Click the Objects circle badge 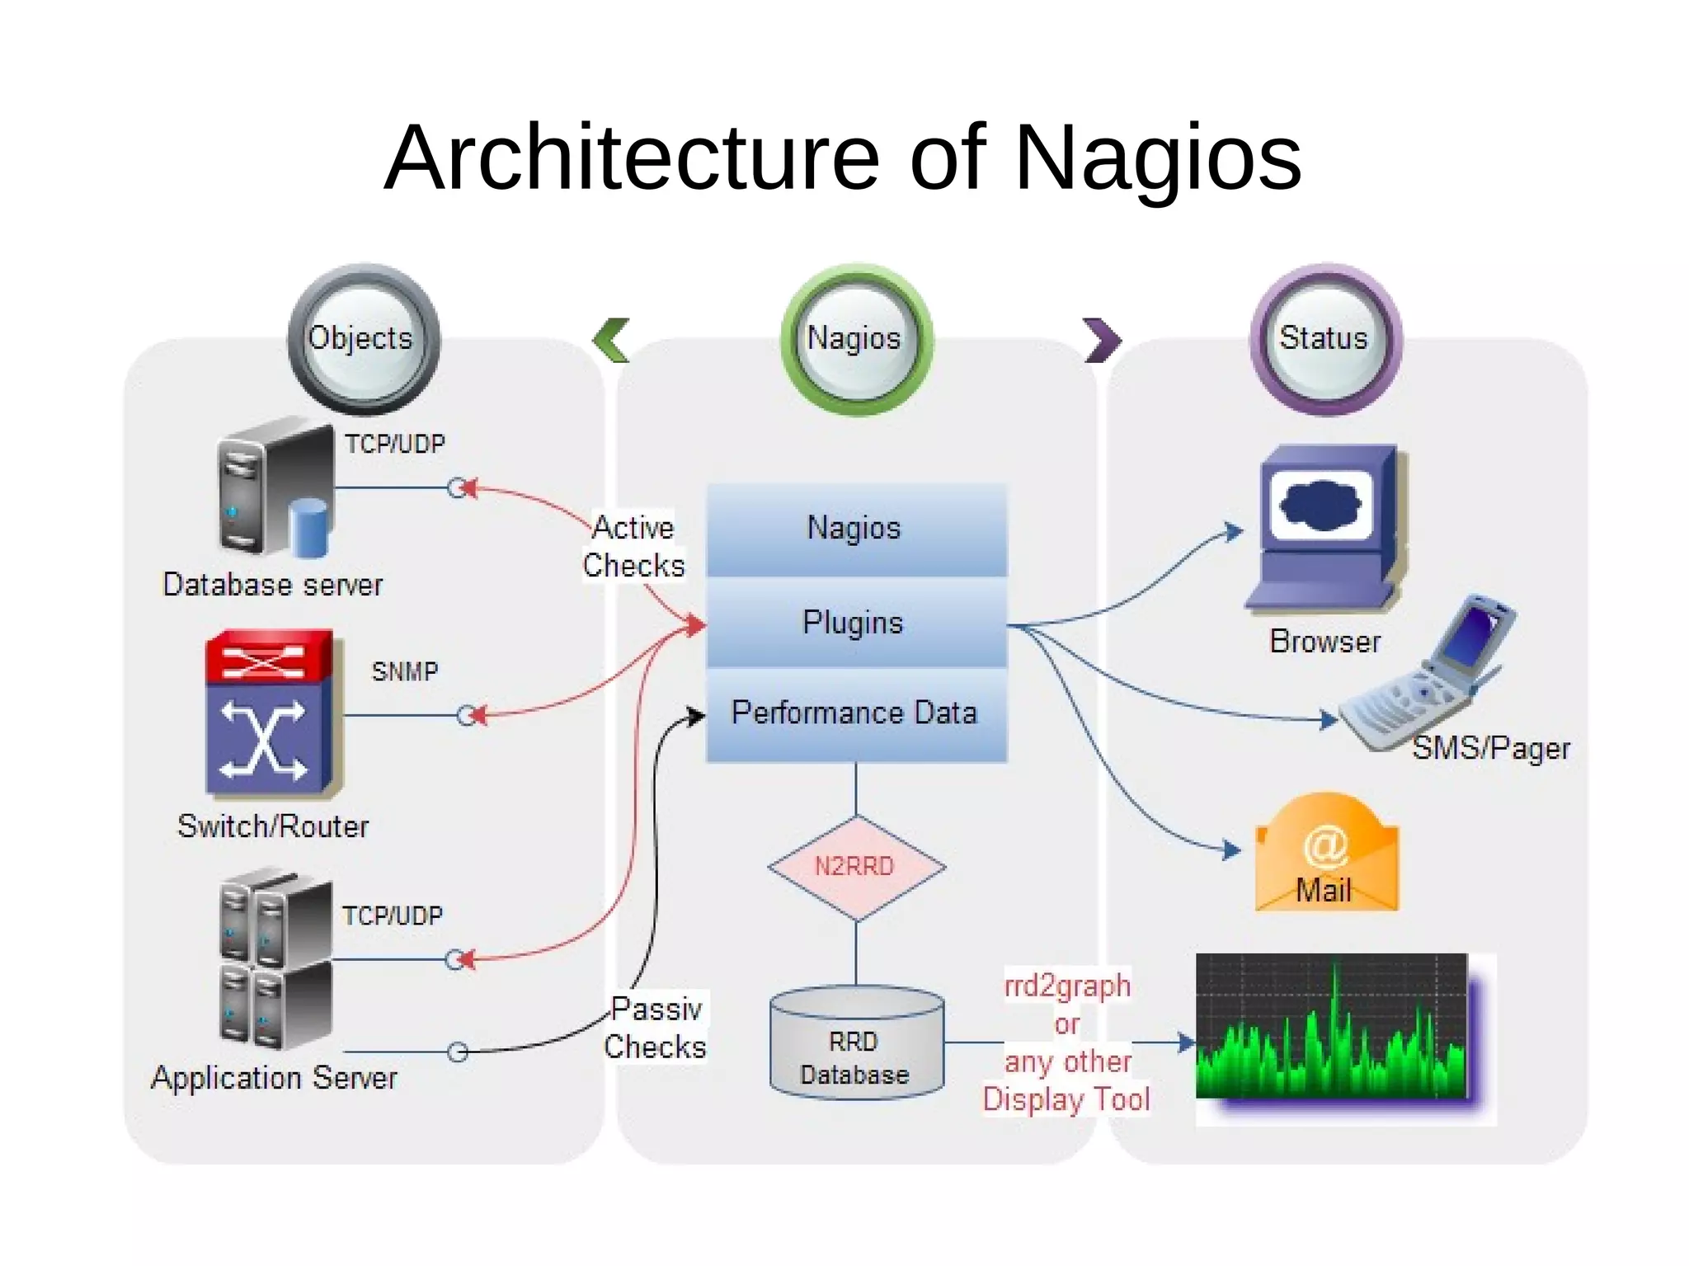tap(363, 339)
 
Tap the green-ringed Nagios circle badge tap(855, 339)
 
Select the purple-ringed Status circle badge tap(1325, 339)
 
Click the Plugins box tap(855, 623)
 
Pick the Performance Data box tap(855, 713)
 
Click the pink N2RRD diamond tap(855, 867)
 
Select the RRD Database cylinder tap(855, 1043)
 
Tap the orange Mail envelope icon tap(1325, 854)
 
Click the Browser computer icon tap(1325, 528)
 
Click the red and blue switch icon tap(269, 713)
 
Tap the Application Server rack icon tap(276, 961)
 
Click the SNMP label tap(404, 671)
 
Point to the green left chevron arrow tap(612, 340)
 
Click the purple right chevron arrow tap(1102, 340)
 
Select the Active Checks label tap(633, 547)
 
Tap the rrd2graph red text tap(1066, 986)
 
